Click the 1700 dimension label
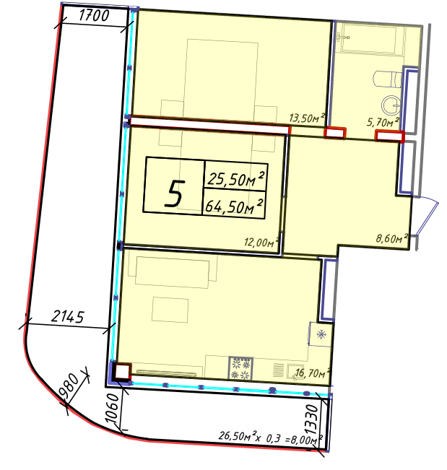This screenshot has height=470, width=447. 94,15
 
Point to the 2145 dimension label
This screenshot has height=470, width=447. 68,316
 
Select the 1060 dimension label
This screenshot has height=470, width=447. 113,408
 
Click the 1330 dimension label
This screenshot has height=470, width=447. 313,419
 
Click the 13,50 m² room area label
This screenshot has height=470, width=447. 307,118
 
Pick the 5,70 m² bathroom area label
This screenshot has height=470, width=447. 383,122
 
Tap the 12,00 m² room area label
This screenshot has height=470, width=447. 261,242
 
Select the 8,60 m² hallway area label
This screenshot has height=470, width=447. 392,238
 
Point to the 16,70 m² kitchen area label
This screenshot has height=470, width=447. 313,373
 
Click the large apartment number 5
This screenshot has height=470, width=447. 173,193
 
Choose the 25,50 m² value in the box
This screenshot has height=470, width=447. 236,179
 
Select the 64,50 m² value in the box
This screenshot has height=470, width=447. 234,206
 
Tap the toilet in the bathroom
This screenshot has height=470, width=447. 387,79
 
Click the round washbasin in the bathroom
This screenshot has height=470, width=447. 391,105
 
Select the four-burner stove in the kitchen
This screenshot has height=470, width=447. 240,368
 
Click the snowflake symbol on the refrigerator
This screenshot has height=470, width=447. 321,334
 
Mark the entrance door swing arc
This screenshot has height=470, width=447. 430,214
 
